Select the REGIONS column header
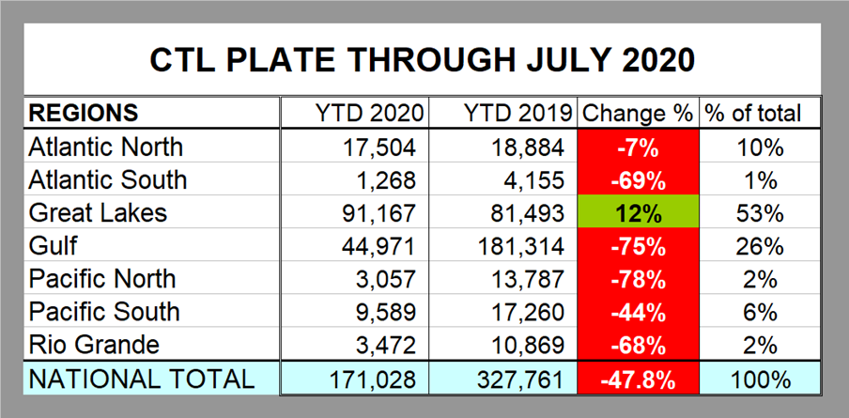point(85,114)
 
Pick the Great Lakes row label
point(98,212)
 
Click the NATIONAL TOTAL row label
point(141,378)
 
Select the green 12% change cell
point(638,212)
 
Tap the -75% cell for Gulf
point(638,245)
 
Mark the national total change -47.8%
point(638,378)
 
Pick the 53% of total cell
point(759,212)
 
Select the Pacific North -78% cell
point(638,278)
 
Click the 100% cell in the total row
point(759,378)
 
